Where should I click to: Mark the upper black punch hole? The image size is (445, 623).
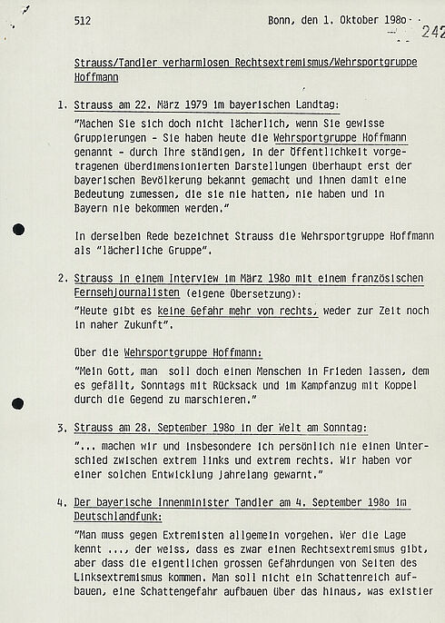click(19, 229)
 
